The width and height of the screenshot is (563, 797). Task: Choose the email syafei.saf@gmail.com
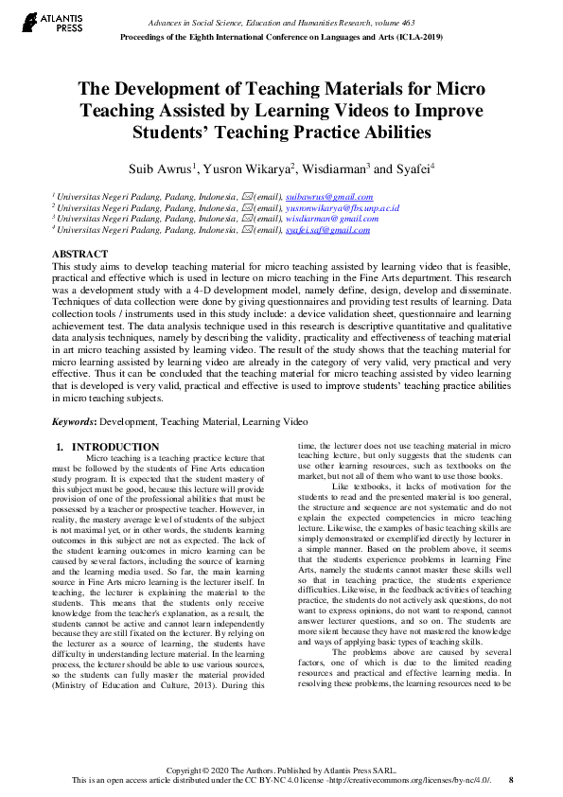click(327, 230)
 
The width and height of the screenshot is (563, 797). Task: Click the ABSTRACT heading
click(79, 256)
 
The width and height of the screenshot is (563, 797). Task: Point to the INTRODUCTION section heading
click(115, 447)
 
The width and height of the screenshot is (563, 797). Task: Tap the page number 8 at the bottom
click(511, 780)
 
